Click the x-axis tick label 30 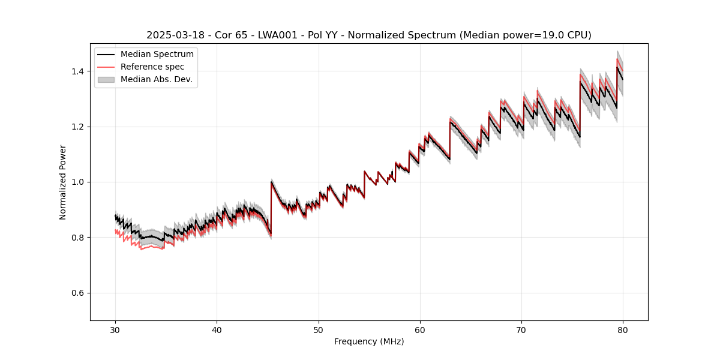point(115,329)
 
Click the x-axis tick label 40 point(217,329)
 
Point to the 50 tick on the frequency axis point(318,329)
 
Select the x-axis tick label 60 point(419,329)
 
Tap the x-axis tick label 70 point(521,329)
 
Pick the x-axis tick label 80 point(623,329)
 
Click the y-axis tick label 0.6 point(79,293)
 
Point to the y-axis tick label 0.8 point(79,238)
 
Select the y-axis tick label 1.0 point(79,182)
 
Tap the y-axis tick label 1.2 point(79,127)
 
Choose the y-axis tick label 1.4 point(79,71)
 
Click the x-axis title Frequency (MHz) point(369,341)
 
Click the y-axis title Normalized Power point(63,182)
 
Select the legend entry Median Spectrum point(157,55)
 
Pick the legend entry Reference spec point(152,67)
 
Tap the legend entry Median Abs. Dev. point(156,79)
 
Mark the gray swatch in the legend point(106,79)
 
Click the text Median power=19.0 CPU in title point(524,35)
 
